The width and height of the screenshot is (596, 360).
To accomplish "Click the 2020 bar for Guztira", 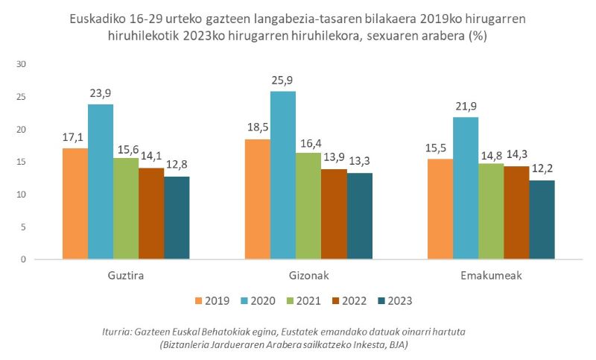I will [x=101, y=182].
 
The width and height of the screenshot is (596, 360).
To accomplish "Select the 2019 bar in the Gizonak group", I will [x=258, y=199].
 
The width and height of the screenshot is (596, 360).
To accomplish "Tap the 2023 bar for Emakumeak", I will [x=542, y=220].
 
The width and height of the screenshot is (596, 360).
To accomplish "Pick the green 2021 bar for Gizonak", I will [x=308, y=206].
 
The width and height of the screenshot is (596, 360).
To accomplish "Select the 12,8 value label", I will [x=177, y=165].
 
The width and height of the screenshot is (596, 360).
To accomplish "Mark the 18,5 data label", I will [x=258, y=127].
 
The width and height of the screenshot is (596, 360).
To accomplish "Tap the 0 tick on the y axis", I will [x=24, y=259].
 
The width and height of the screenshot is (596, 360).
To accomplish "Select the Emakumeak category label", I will [x=491, y=275].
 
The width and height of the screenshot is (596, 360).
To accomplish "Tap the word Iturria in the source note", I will [x=119, y=331].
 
